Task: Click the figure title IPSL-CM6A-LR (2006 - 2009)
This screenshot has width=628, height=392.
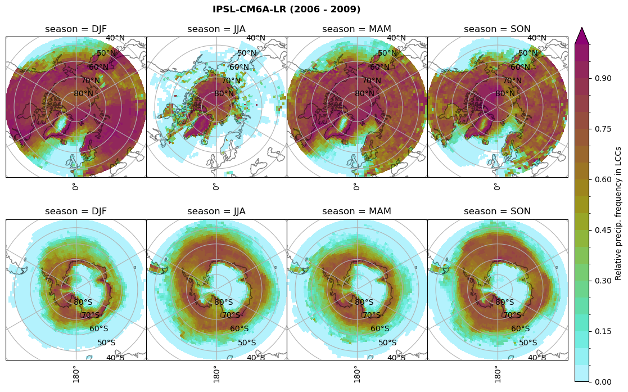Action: click(x=286, y=10)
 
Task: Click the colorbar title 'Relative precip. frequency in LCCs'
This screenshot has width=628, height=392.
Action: click(x=618, y=213)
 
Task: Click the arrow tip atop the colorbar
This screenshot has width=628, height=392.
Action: click(x=582, y=28)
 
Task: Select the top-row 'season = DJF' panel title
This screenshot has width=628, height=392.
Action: click(x=76, y=29)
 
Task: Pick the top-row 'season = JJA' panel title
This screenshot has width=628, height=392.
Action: click(x=216, y=29)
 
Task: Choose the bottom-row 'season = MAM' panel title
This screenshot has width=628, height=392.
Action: click(x=356, y=211)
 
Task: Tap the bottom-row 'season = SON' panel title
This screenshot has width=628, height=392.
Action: click(x=497, y=211)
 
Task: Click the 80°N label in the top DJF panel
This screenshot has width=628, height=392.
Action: click(x=83, y=94)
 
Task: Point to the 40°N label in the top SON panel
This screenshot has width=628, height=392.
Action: click(x=537, y=38)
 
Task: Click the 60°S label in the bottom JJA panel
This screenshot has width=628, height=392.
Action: click(x=240, y=329)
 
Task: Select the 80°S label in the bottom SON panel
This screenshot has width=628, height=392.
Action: click(x=505, y=303)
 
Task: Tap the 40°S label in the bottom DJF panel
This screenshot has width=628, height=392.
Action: click(x=115, y=358)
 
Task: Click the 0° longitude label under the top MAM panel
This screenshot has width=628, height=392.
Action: click(x=356, y=187)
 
